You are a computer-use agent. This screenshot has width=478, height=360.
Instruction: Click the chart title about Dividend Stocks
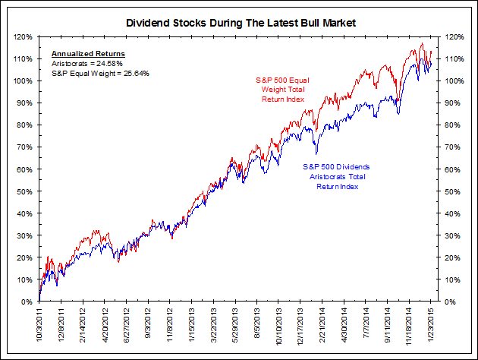[240, 24]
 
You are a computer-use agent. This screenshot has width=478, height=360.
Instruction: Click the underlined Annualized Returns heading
[88, 54]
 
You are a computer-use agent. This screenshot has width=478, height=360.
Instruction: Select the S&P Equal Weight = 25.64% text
[100, 73]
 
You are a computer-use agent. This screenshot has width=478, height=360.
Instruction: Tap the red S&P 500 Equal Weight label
[281, 90]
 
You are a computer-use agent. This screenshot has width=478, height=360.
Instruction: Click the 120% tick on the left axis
[21, 36]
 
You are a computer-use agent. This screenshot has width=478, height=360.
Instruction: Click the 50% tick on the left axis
[23, 191]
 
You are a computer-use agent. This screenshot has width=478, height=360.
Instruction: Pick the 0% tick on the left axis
[25, 302]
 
